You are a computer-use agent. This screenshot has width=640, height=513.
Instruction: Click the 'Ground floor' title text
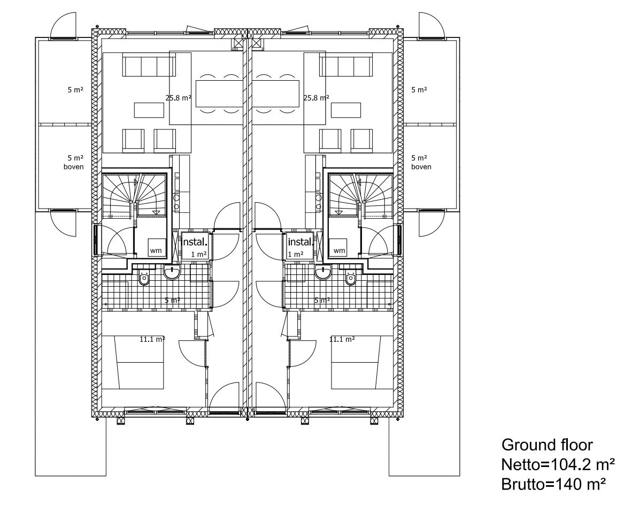pos(547,445)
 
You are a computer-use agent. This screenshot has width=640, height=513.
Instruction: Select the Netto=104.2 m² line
pos(558,464)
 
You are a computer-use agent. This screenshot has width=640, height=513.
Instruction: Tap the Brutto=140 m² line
pos(553,485)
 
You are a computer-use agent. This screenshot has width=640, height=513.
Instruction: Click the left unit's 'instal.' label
pos(195,241)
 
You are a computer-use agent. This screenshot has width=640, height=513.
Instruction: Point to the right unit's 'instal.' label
pos(301,241)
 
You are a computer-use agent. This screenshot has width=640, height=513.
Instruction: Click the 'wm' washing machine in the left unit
pos(156,248)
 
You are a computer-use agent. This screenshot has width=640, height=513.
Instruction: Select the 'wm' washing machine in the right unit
pos(339,248)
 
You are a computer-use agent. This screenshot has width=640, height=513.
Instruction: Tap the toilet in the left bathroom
pos(144,278)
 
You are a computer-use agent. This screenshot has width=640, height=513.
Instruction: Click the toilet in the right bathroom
pos(351,278)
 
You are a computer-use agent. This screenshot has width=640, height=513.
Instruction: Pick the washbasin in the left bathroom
pos(172,272)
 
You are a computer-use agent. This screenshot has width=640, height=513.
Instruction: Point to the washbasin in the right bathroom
pos(323,272)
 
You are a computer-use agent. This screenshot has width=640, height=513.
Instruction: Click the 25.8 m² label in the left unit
pos(179,98)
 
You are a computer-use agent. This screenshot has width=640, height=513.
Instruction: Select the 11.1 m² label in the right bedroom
pos(342,339)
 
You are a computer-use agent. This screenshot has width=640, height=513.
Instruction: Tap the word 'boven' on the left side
pos(74,167)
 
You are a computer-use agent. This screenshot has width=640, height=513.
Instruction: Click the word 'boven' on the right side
pos(421,167)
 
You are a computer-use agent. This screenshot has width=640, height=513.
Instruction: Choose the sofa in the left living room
pos(149,66)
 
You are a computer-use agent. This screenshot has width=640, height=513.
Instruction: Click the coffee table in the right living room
pos(346,110)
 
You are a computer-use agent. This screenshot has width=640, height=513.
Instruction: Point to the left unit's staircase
pos(134,195)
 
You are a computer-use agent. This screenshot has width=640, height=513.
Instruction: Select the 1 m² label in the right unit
pos(296,254)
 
